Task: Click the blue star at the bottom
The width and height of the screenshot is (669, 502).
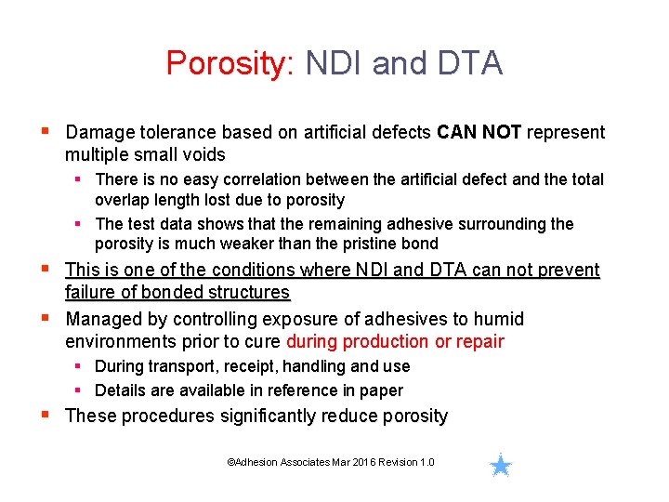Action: [x=501, y=465]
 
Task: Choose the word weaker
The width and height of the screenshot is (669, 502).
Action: [x=252, y=244]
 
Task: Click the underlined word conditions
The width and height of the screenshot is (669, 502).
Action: [x=254, y=271]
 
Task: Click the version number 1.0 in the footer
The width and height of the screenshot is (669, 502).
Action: [x=426, y=463]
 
